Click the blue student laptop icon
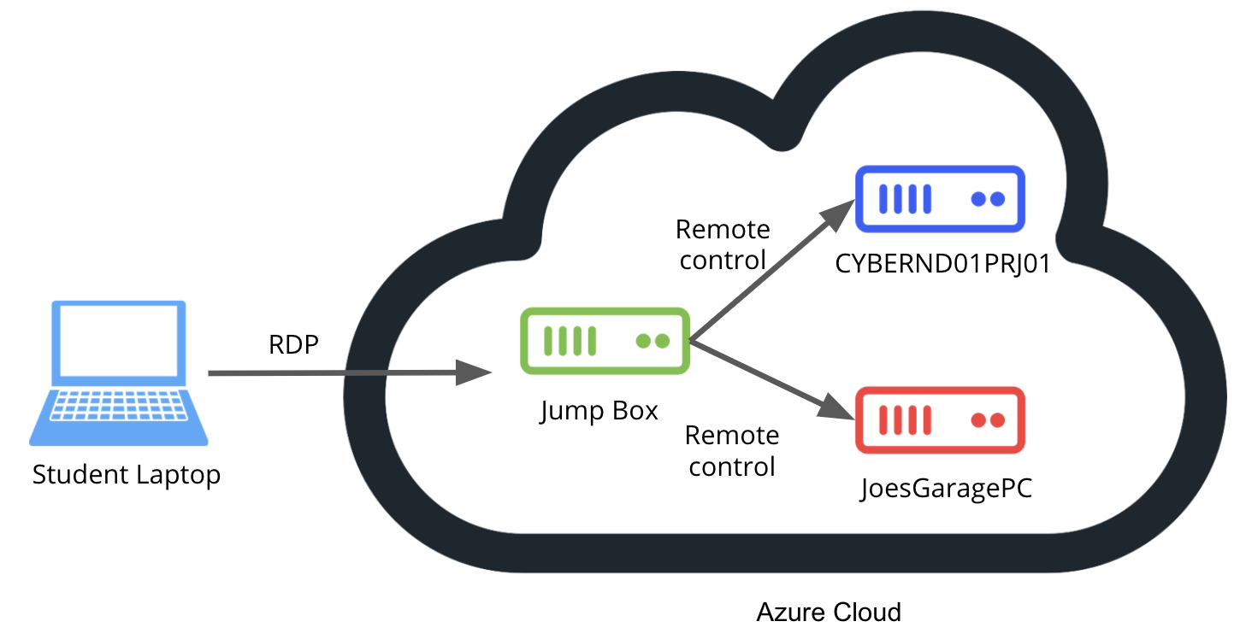click(119, 372)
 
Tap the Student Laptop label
click(127, 474)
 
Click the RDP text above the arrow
click(293, 345)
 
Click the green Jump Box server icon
click(605, 341)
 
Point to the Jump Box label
click(599, 411)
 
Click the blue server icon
click(940, 199)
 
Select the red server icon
click(940, 420)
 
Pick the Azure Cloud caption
click(829, 612)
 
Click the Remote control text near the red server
click(732, 451)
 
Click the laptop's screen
click(119, 344)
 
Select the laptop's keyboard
click(119, 409)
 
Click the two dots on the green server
click(652, 341)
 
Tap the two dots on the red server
click(987, 420)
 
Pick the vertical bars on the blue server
click(905, 199)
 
